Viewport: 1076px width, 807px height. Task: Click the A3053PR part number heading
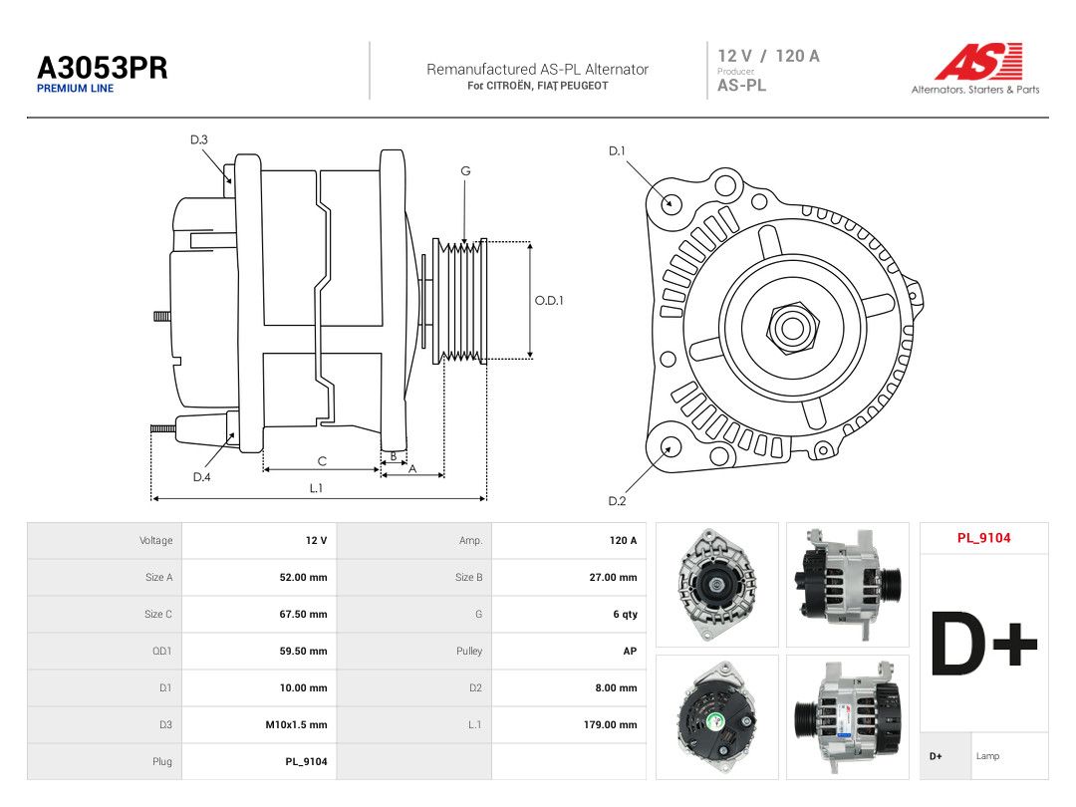[103, 68]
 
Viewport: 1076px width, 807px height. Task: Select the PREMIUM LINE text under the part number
[76, 89]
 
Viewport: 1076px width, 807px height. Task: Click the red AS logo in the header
[978, 62]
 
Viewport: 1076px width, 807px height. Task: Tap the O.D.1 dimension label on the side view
[549, 301]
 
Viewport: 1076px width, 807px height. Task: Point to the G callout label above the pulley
[466, 171]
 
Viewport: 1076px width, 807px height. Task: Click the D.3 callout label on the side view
[199, 140]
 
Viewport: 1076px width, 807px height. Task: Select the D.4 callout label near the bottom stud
[201, 477]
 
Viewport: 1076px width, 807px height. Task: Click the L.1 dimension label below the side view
[316, 488]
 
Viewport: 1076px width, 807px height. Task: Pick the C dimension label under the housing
[322, 461]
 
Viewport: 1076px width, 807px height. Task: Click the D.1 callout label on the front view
[617, 151]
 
